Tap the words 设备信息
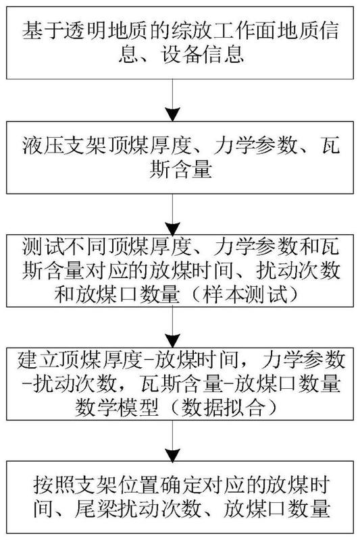point(203,55)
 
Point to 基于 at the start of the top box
point(43,30)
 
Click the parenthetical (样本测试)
point(245,294)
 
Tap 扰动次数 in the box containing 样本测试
point(298,271)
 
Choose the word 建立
point(38,360)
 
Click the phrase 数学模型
point(117,408)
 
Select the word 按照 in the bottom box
point(54,485)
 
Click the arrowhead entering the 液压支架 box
point(173,114)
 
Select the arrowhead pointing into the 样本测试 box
point(173,229)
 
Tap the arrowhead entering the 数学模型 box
point(173,341)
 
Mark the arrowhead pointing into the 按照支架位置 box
point(173,455)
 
